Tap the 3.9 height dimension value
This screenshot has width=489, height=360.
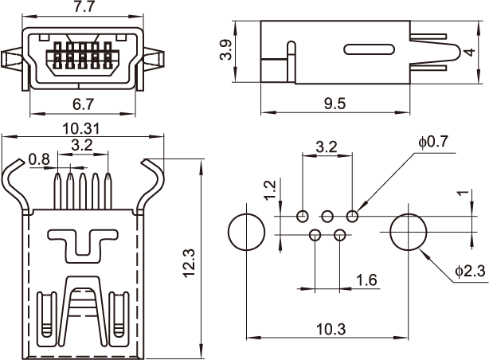[227, 51]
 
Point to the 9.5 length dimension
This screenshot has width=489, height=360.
[334, 103]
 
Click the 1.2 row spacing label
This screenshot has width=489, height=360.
[269, 189]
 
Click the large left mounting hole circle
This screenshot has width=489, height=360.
[246, 232]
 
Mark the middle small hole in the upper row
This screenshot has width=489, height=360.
[327, 216]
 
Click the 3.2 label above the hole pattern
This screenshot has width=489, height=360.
[327, 147]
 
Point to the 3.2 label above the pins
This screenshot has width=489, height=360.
[81, 144]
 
